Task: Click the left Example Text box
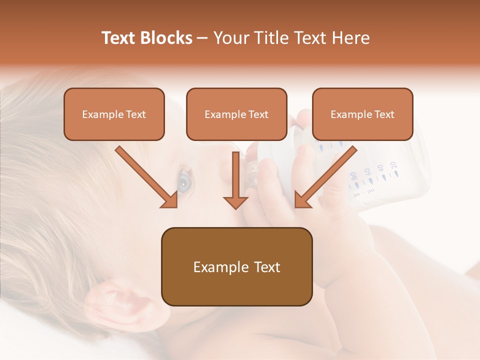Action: coord(114,114)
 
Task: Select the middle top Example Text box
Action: coord(236,114)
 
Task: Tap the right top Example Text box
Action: coord(362,114)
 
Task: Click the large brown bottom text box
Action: coord(236,266)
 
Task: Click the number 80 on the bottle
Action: coord(353,176)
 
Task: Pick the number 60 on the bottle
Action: coord(367,172)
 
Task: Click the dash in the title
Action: coord(202,38)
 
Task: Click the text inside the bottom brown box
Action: coord(236,267)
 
